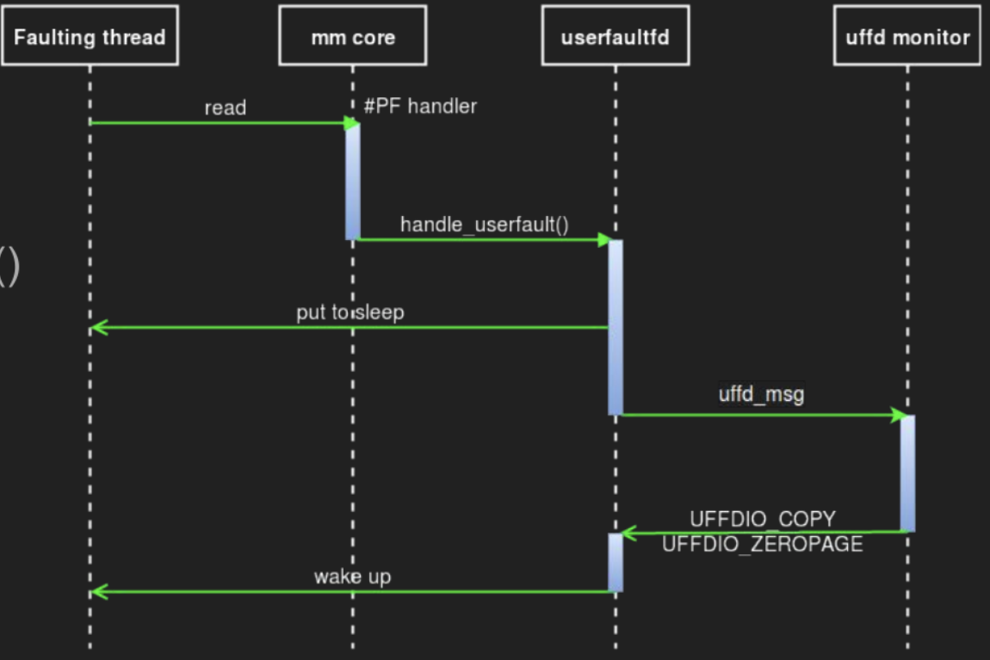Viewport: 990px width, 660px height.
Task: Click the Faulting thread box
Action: click(90, 36)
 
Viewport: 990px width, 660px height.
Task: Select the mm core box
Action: click(352, 36)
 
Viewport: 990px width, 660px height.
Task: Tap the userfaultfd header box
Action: click(615, 36)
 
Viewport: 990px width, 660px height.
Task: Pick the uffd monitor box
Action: click(906, 36)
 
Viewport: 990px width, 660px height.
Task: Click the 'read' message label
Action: click(225, 108)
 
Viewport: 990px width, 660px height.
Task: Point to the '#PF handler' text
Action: click(420, 107)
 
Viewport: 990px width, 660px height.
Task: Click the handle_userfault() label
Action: click(485, 225)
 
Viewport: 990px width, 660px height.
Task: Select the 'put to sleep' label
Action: click(350, 312)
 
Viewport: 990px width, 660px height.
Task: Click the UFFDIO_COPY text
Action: click(762, 520)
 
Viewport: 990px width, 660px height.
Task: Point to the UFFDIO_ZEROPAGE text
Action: click(762, 544)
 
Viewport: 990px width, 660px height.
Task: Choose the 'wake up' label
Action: click(352, 577)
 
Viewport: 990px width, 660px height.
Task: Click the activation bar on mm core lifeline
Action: click(353, 181)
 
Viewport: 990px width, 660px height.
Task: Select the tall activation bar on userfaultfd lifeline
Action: click(616, 327)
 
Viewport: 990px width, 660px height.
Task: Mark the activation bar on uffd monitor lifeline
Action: click(907, 473)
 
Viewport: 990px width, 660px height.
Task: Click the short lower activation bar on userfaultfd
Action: click(616, 562)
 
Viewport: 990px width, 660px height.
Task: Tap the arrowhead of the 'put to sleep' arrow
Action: click(97, 327)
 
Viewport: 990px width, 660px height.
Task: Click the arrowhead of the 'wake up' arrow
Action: click(97, 591)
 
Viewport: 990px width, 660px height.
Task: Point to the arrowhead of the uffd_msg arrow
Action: click(898, 415)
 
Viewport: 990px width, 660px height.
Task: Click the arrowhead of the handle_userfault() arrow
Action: click(604, 240)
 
